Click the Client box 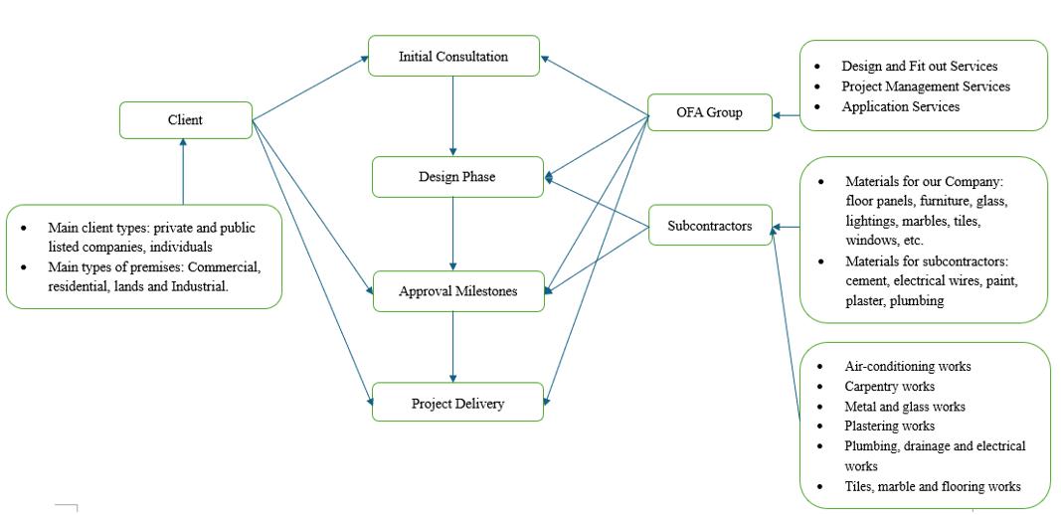[x=185, y=120]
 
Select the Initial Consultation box [x=453, y=57]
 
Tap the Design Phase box [x=457, y=177]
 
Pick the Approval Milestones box [x=458, y=291]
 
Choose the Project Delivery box [x=457, y=404]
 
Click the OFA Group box [x=709, y=112]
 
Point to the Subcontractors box [x=710, y=226]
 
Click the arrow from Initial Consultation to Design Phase [x=453, y=115]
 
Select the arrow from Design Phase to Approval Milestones [x=453, y=234]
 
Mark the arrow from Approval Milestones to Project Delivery [x=453, y=347]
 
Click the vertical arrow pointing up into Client [x=183, y=171]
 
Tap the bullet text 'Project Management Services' [x=925, y=86]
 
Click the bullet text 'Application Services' [x=900, y=106]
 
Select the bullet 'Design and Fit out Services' [x=919, y=67]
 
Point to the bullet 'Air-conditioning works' [x=908, y=366]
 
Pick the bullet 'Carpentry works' [x=890, y=386]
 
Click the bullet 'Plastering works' [x=890, y=426]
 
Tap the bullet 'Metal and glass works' [x=905, y=406]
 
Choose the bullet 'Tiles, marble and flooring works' [x=933, y=486]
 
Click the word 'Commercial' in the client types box [x=225, y=267]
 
